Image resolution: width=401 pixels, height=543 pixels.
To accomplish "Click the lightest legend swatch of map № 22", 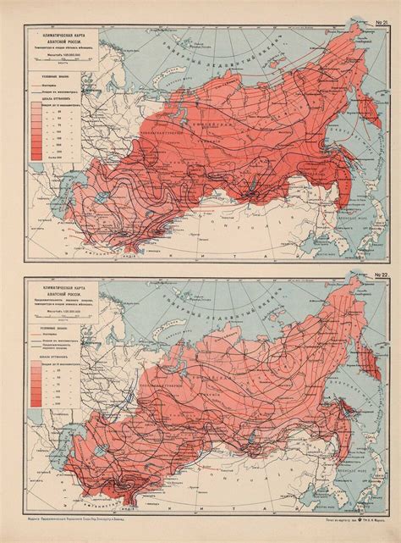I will coord(39,377).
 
